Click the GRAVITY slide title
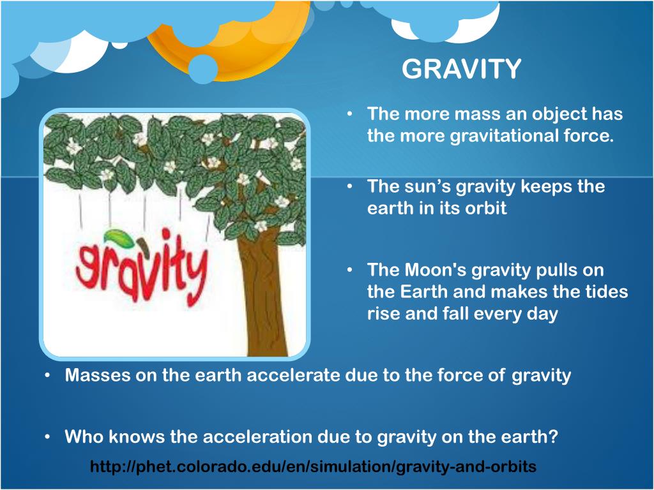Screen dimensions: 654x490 tap(461, 69)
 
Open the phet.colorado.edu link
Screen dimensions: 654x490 tap(313, 466)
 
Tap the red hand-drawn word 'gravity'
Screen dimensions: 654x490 tap(142, 267)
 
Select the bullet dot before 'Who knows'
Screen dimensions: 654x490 tap(48, 437)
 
